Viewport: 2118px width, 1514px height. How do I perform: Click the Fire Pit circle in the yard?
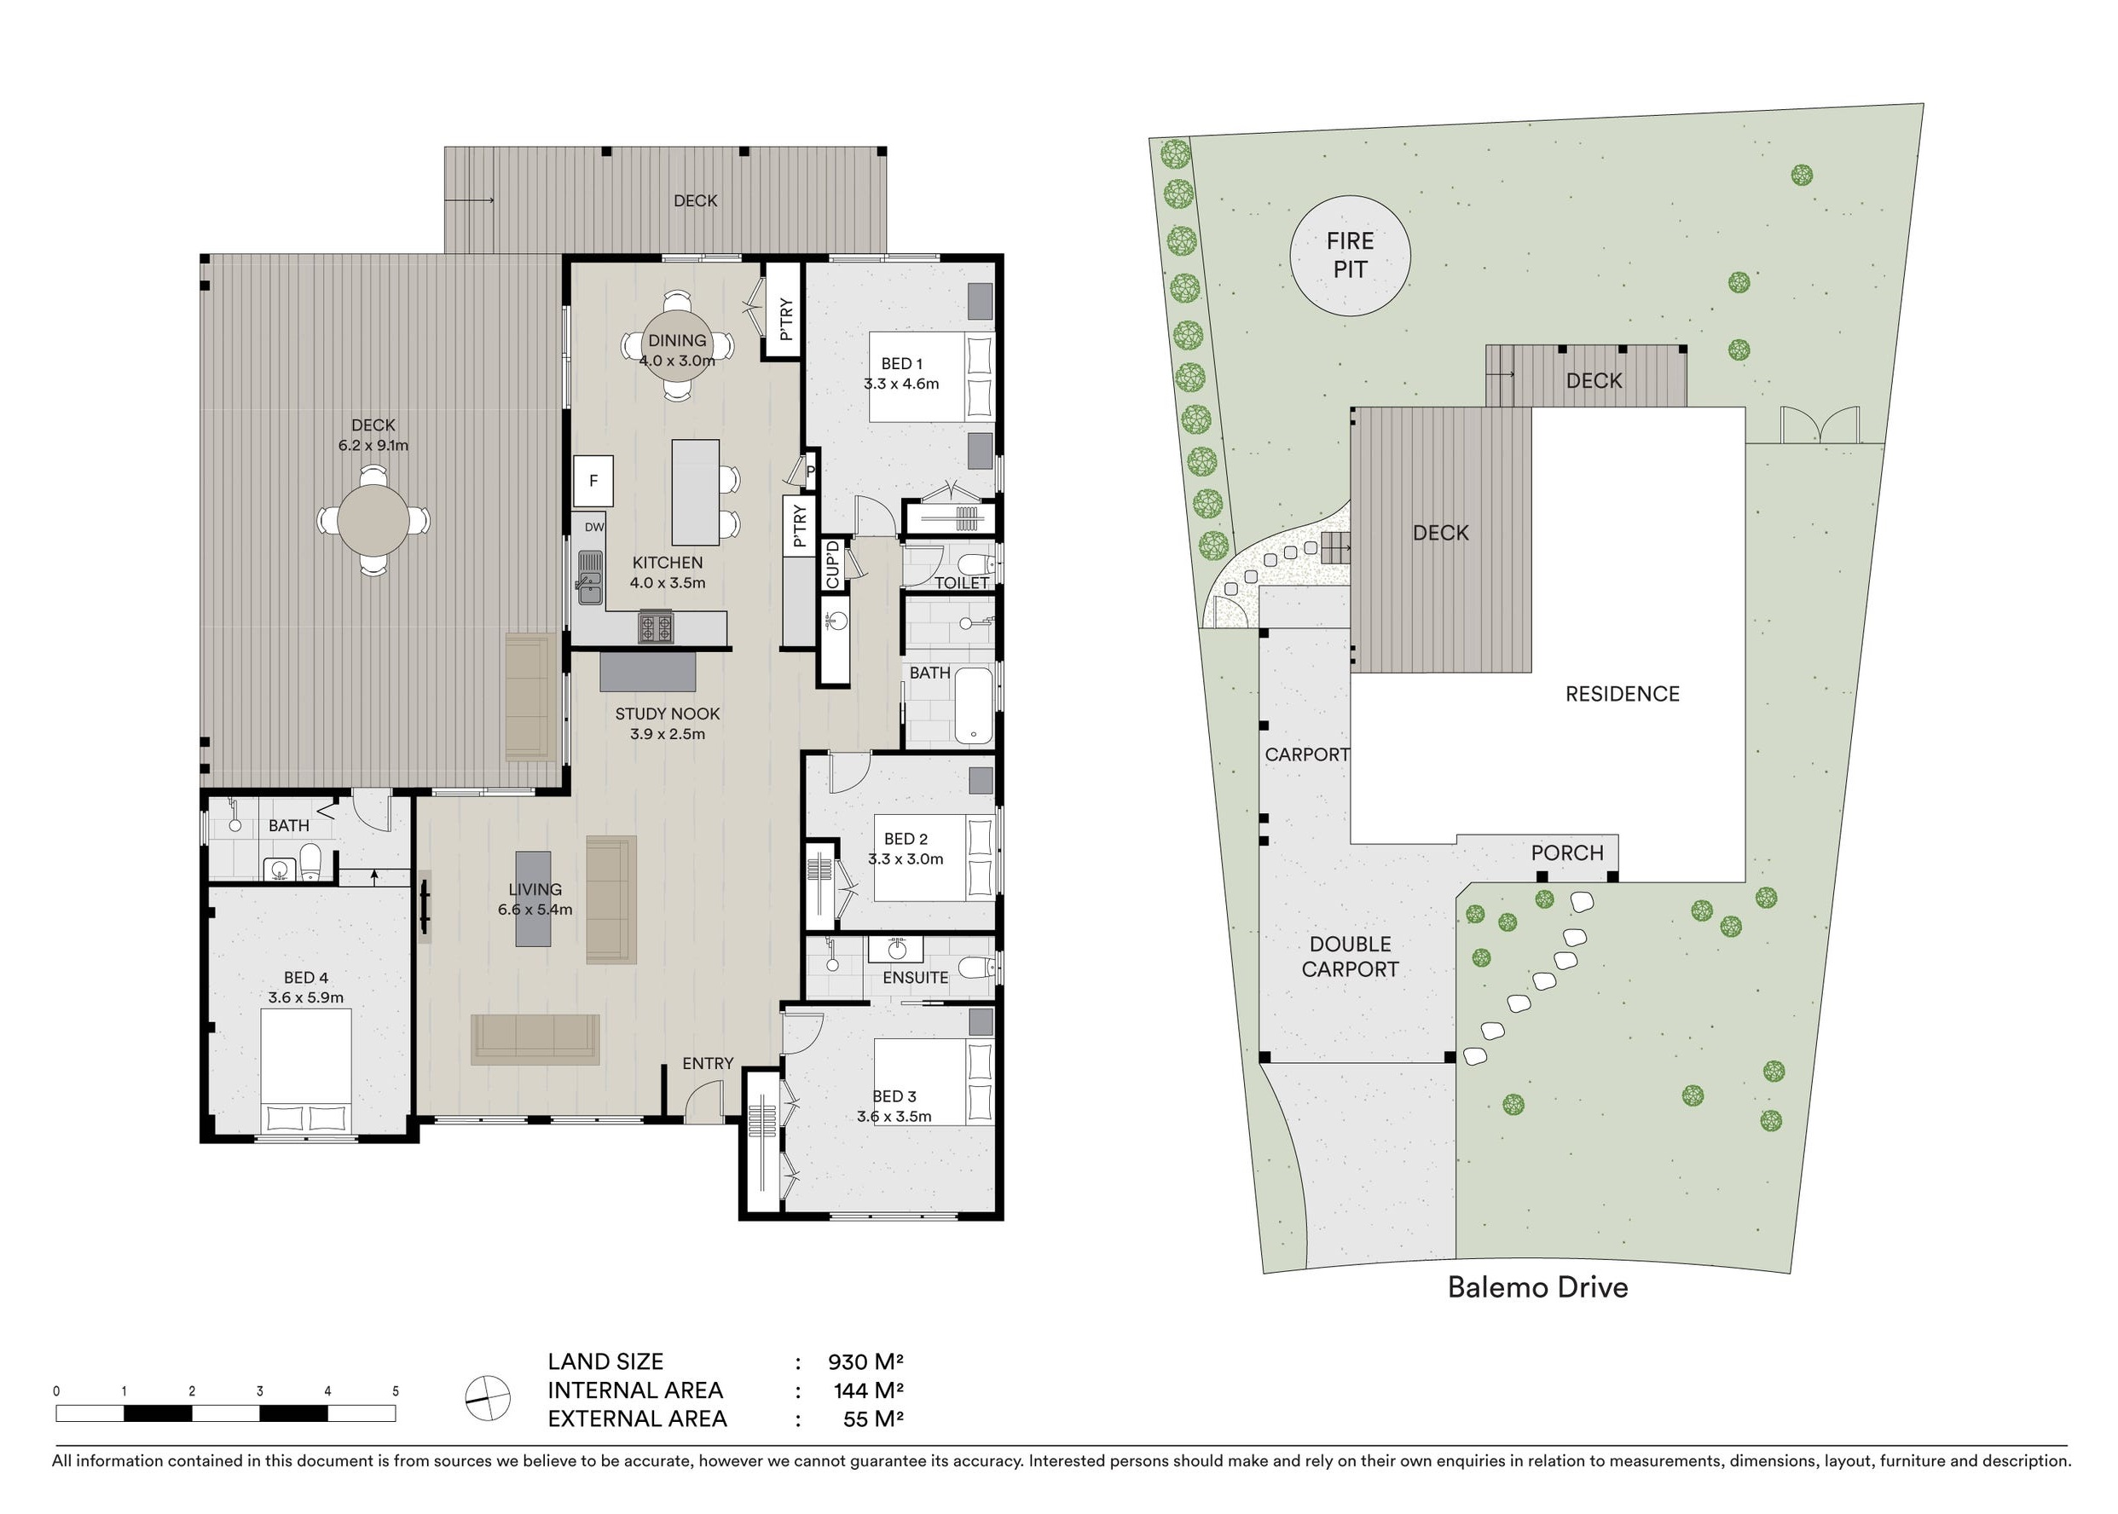pos(1350,256)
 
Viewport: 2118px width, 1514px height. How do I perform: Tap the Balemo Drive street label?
pos(1538,1287)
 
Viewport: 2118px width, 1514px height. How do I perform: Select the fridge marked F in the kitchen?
pos(593,481)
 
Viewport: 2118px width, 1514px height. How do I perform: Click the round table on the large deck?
pos(373,519)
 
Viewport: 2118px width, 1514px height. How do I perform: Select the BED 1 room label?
pos(901,364)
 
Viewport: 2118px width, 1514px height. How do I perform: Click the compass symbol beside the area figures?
pos(488,1398)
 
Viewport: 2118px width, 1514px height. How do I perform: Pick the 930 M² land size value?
pos(866,1362)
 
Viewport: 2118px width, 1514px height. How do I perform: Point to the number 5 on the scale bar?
pos(396,1391)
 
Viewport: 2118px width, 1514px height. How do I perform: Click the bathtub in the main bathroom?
pos(975,706)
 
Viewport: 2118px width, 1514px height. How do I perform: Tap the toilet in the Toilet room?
pos(975,565)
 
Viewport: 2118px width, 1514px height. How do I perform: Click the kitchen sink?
pos(590,577)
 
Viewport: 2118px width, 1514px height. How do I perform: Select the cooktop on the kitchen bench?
pos(656,627)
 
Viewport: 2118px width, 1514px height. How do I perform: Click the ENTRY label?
pos(708,1063)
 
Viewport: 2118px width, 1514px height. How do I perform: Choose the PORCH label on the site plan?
pos(1567,853)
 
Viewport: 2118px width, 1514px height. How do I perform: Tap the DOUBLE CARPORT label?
pos(1350,956)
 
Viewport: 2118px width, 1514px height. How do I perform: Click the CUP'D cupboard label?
pos(832,564)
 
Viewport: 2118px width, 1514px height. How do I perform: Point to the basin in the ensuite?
pos(897,949)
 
